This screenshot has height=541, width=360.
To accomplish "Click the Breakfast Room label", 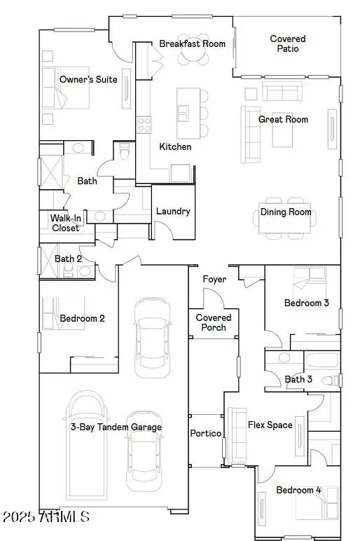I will click(x=192, y=44).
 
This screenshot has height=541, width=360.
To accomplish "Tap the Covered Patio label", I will click(x=288, y=43).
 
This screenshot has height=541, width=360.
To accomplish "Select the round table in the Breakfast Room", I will click(x=193, y=58).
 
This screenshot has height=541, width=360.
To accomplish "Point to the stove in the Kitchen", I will click(x=144, y=125).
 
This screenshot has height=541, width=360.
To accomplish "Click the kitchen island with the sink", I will click(x=186, y=112).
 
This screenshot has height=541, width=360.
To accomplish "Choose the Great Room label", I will click(x=283, y=119).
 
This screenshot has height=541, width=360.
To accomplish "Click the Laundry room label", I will click(x=173, y=211).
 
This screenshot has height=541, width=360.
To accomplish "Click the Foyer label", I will click(x=214, y=280).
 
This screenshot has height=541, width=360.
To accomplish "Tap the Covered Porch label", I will click(x=214, y=322).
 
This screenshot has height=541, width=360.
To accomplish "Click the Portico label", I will click(x=206, y=433).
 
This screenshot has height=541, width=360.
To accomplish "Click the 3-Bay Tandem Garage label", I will click(x=116, y=427).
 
